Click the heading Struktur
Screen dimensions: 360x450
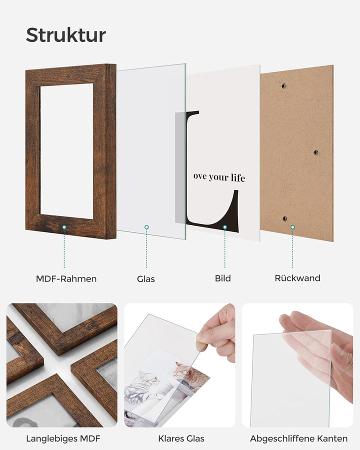(x=66, y=35)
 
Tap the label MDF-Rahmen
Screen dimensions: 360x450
(x=66, y=278)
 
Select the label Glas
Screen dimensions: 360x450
(x=146, y=279)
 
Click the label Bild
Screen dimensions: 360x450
(x=223, y=278)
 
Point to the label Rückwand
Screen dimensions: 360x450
(x=297, y=278)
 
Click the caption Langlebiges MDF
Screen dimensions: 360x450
(x=63, y=438)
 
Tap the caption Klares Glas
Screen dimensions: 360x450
(x=181, y=438)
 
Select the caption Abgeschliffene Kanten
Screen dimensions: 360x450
(x=299, y=438)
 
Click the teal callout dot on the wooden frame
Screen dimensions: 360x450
(x=64, y=227)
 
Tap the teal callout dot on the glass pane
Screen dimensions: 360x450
(x=146, y=227)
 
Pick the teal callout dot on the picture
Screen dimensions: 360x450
(x=225, y=227)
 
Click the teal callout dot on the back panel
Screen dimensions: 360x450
(x=292, y=227)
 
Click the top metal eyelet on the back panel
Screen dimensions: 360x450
(x=283, y=85)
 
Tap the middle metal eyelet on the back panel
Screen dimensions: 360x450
(x=316, y=152)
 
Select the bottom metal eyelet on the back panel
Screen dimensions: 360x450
(x=284, y=218)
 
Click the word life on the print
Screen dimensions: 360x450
(x=238, y=178)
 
